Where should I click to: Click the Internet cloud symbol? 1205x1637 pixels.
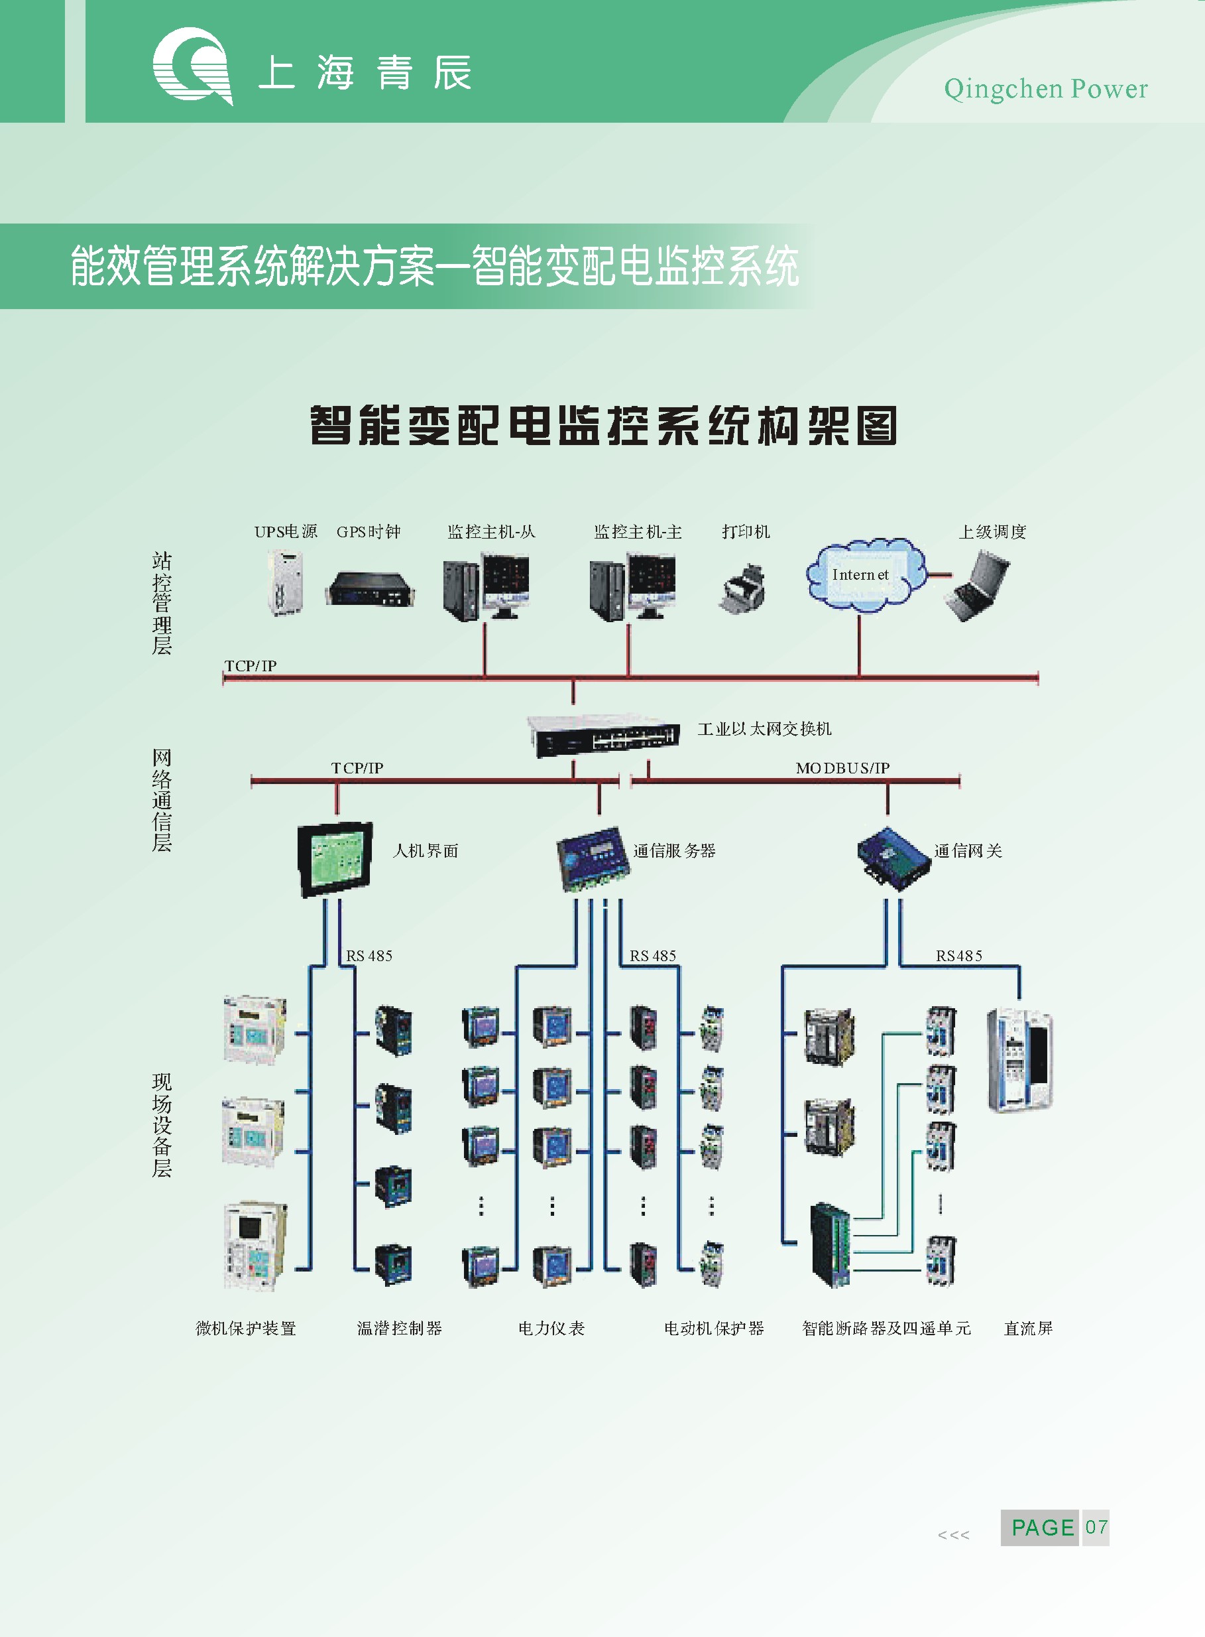click(865, 575)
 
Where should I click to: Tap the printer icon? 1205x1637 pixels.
click(742, 588)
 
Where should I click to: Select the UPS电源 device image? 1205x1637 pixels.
click(284, 582)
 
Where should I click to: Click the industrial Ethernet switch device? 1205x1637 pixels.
click(603, 736)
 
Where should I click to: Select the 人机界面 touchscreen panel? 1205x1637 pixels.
click(335, 859)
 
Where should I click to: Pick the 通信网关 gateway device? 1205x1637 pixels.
click(893, 858)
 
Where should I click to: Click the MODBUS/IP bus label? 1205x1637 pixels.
click(842, 768)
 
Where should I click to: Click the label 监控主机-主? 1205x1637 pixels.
click(638, 532)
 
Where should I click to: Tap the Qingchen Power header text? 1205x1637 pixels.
click(1045, 89)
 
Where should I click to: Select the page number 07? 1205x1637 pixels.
click(1096, 1528)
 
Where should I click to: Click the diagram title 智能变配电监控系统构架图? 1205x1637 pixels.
click(603, 425)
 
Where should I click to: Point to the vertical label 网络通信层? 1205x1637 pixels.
click(162, 800)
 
